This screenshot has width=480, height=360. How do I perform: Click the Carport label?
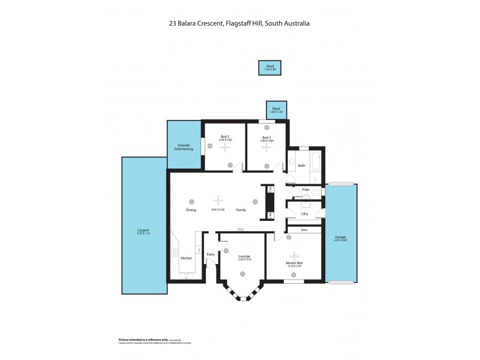pos(143,230)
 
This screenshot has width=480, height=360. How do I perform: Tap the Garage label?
pos(340,238)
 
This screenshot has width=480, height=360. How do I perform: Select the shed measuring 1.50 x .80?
pos(270,68)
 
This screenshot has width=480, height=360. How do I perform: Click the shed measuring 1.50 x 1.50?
pos(275,110)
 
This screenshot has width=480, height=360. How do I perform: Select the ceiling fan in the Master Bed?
pos(294,254)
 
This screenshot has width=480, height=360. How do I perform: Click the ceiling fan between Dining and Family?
pos(219,202)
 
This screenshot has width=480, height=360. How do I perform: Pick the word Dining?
pos(191,210)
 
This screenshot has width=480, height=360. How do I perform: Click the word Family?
pos(241,210)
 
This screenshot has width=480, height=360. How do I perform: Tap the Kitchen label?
pos(187,258)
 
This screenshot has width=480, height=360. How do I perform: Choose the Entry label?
pos(211,254)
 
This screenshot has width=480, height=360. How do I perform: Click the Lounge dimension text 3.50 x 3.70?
pos(244,259)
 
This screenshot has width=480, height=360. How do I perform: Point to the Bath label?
pos(302,165)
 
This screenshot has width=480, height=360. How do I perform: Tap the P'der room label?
pos(306,190)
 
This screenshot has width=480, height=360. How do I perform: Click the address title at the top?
pos(239,24)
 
